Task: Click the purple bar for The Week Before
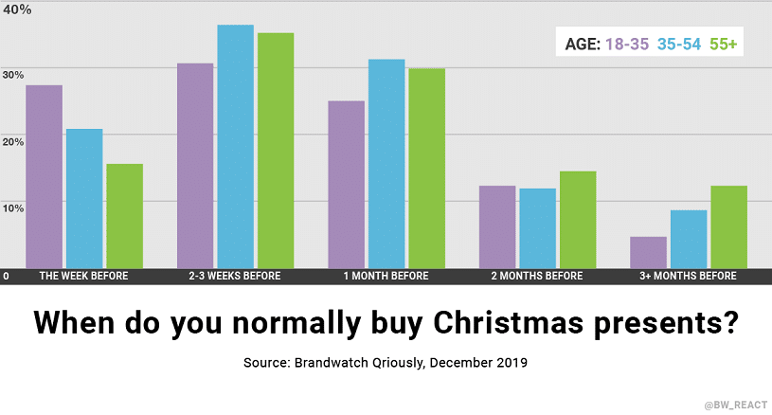click(x=44, y=176)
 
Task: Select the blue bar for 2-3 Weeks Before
click(x=235, y=146)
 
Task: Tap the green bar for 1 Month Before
click(x=426, y=168)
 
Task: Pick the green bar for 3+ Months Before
click(x=728, y=226)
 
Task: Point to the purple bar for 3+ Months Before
click(x=648, y=252)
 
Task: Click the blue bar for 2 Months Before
click(x=537, y=228)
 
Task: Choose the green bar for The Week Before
click(x=124, y=216)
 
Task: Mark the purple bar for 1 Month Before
click(x=346, y=184)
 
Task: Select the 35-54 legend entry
click(x=676, y=44)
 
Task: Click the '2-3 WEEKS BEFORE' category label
click(x=235, y=276)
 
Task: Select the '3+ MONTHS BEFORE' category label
click(x=689, y=276)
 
